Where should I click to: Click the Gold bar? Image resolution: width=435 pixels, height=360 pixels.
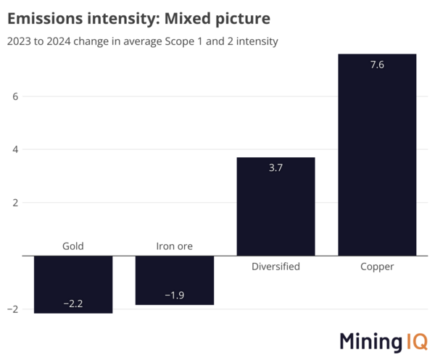[x=73, y=284]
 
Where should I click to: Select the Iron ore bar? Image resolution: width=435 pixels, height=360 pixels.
[x=175, y=280]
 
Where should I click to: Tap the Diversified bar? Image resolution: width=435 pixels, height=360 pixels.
[x=275, y=206]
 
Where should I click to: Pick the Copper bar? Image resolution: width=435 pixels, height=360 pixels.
[x=377, y=154]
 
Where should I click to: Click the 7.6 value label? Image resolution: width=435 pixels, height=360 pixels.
[x=377, y=66]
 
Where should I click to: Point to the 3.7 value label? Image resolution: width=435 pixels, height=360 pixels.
[x=275, y=169]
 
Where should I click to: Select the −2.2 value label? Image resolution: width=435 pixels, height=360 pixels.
[x=73, y=304]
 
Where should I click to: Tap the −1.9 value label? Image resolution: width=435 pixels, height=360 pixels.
[x=175, y=296]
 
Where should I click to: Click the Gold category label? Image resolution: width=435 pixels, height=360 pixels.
[x=73, y=246]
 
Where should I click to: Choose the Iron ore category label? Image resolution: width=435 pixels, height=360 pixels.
[x=175, y=246]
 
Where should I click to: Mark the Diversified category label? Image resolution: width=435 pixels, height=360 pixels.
[x=275, y=267]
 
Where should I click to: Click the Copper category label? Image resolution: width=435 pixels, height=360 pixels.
[x=377, y=267]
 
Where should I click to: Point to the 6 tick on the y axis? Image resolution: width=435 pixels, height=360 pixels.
[x=14, y=96]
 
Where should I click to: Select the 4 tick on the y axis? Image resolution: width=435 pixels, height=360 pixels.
[x=14, y=150]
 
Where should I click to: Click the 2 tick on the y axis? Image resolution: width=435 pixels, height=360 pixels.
[x=14, y=203]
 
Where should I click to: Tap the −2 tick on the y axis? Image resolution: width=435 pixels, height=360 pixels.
[x=12, y=309]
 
